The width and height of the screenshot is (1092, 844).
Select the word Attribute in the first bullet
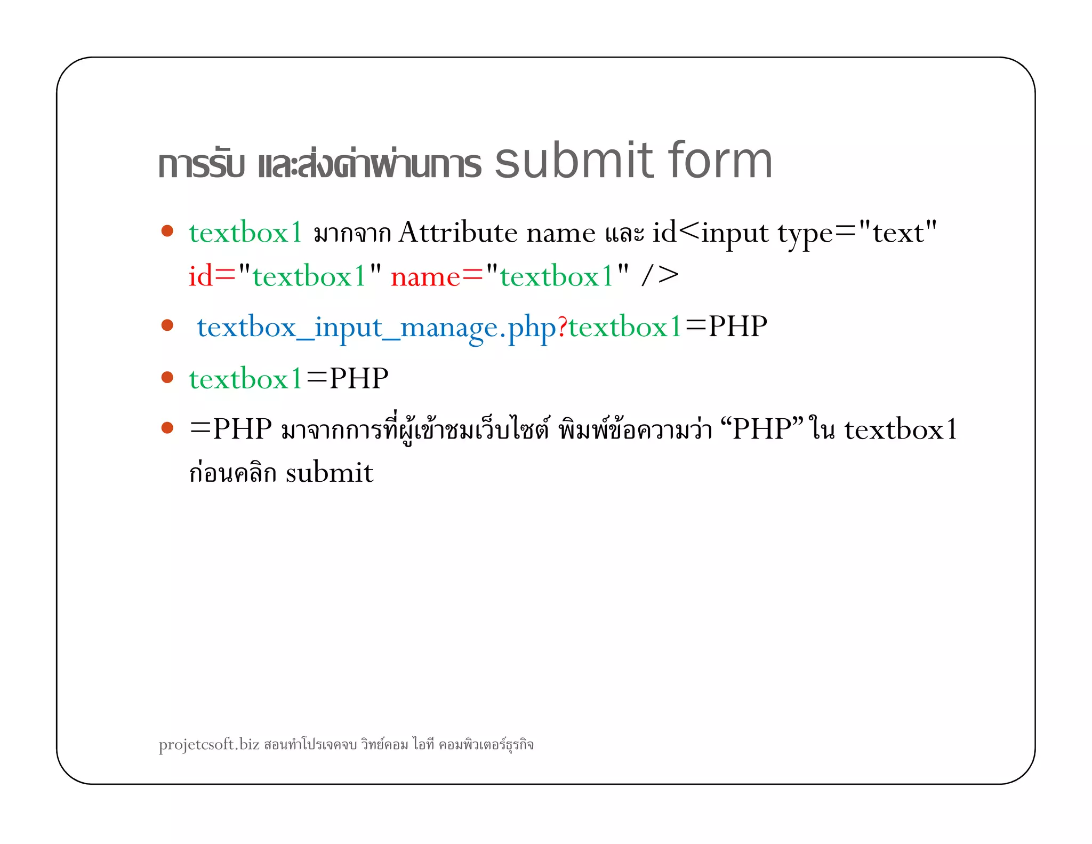tap(458, 233)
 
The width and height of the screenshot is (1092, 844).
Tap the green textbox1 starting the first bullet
tap(246, 233)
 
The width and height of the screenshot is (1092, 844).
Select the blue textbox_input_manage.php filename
tap(376, 327)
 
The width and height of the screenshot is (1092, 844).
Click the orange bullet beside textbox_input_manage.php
tap(167, 325)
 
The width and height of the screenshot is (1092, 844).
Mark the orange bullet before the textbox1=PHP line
tap(167, 377)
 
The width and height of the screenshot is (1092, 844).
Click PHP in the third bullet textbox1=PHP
tap(359, 378)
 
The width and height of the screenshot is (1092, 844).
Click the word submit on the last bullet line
tap(329, 473)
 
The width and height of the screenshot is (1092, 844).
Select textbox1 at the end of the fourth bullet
tap(901, 429)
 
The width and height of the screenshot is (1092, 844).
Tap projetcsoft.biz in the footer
tap(209, 744)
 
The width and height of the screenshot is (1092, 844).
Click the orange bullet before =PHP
tap(167, 427)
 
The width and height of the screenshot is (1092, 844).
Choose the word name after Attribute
tap(560, 234)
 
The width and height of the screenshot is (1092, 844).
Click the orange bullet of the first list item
tap(167, 230)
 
